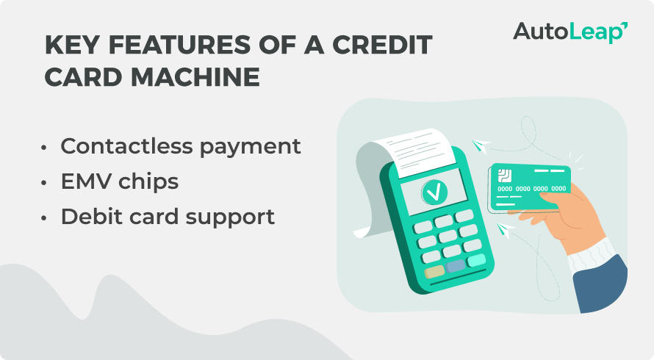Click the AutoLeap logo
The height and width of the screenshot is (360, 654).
tap(569, 32)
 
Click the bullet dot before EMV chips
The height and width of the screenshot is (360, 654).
tap(46, 182)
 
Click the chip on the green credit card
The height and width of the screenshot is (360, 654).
tap(505, 176)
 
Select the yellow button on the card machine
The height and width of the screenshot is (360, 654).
tap(434, 271)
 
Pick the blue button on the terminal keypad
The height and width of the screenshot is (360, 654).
tap(456, 266)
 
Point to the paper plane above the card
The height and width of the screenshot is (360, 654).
tap(482, 145)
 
